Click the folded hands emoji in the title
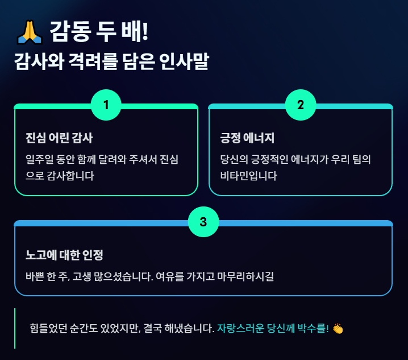pos(28,32)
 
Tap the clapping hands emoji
pos(338,329)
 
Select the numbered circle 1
pos(106,105)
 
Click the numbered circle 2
pos(301,105)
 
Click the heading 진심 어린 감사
pos(59,138)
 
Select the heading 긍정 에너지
pos(247,138)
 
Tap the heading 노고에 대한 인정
pos(64,254)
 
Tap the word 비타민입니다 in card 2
pos(248,176)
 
